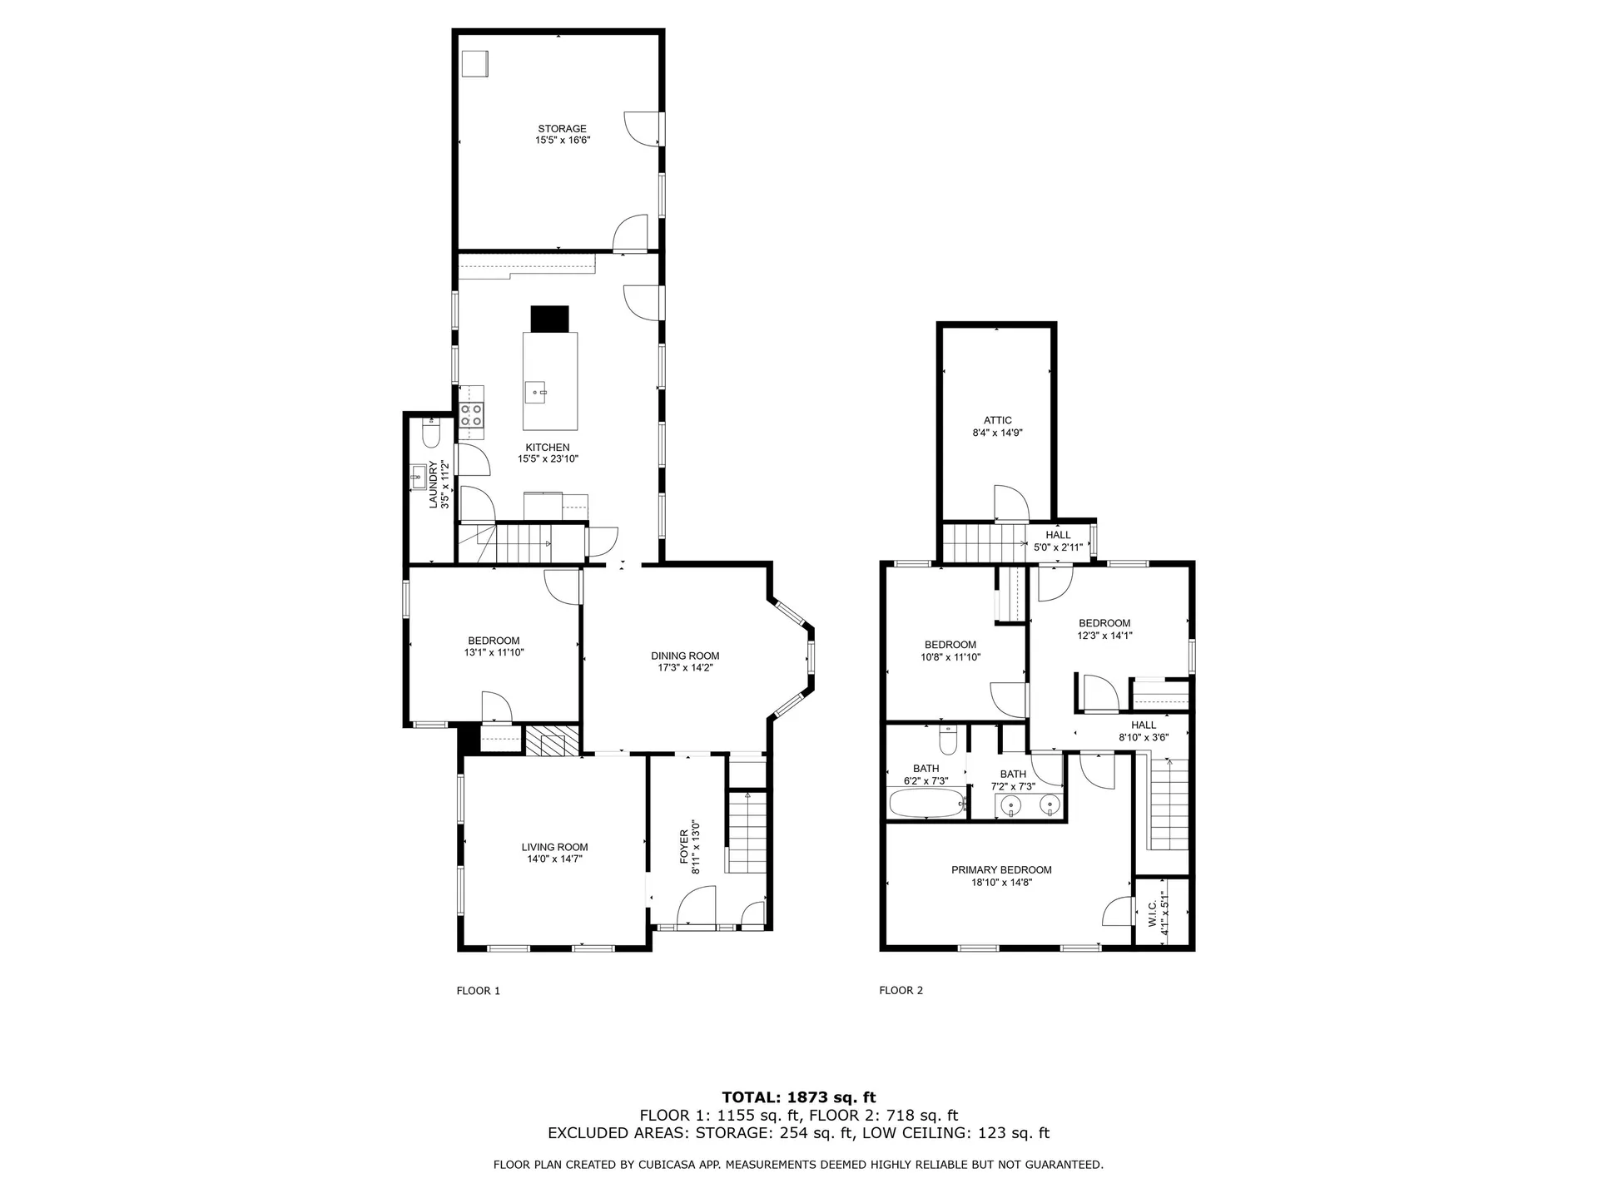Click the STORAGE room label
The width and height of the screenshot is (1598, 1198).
tap(562, 129)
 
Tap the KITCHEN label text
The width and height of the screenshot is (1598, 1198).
tap(547, 448)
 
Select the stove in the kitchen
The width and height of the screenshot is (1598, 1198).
tap(472, 414)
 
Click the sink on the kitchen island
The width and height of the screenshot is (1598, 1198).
tap(537, 390)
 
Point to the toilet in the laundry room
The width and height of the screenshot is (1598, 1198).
tap(431, 434)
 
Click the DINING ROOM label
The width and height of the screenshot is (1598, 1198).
tap(685, 656)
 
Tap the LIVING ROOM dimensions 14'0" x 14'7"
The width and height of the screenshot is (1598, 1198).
tap(554, 859)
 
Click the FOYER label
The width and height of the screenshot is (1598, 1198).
tap(684, 845)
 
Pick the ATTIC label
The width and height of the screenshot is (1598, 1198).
tap(997, 420)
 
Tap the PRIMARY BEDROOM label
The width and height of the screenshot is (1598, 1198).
tap(1001, 870)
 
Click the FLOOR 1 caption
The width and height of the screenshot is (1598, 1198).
tap(479, 991)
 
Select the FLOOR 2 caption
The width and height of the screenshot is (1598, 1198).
tap(901, 990)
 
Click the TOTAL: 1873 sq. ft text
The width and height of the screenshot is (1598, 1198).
tap(798, 1097)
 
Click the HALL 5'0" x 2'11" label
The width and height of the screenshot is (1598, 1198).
tap(1058, 541)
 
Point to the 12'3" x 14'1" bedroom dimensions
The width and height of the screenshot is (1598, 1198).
tap(1104, 636)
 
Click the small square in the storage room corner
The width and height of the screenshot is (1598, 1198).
tap(476, 64)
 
